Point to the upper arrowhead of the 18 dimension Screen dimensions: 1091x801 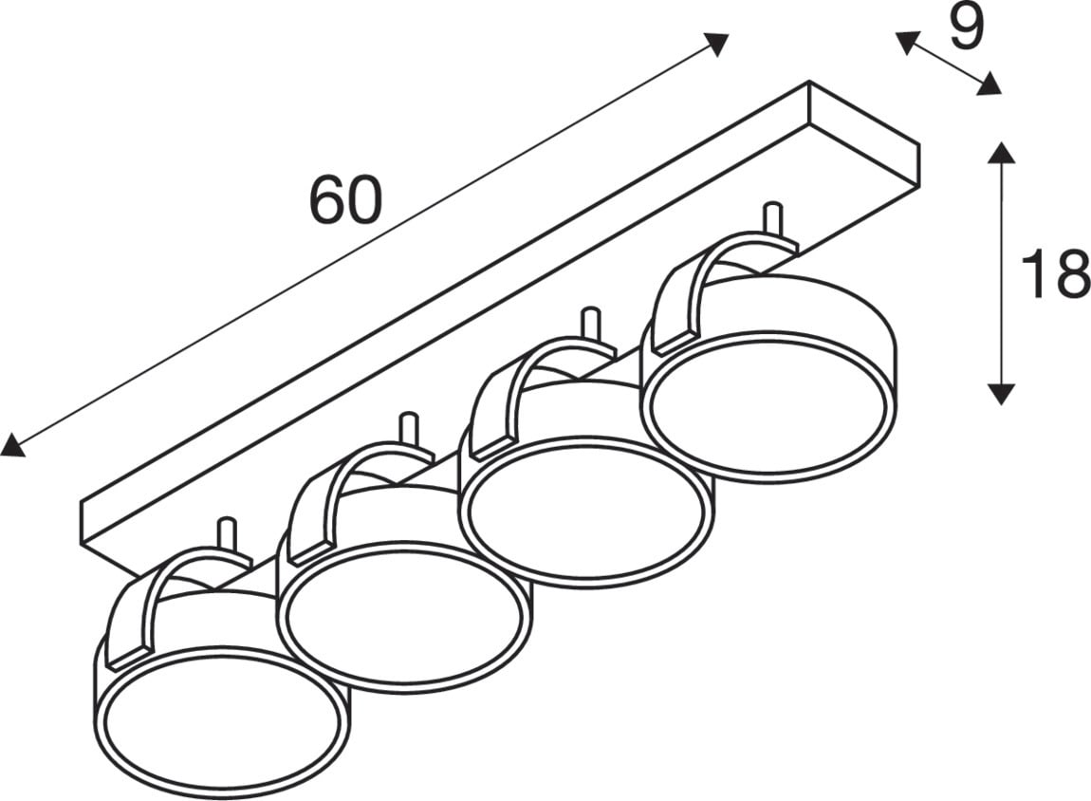coord(1001,153)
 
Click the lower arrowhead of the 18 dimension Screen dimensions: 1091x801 coord(1001,393)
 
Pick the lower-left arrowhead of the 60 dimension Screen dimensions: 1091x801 coord(11,445)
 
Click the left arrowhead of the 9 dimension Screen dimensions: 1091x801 coord(907,43)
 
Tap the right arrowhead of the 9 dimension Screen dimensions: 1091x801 coord(989,84)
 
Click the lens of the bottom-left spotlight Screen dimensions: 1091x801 coord(222,720)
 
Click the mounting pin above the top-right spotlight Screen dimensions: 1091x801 coord(773,220)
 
